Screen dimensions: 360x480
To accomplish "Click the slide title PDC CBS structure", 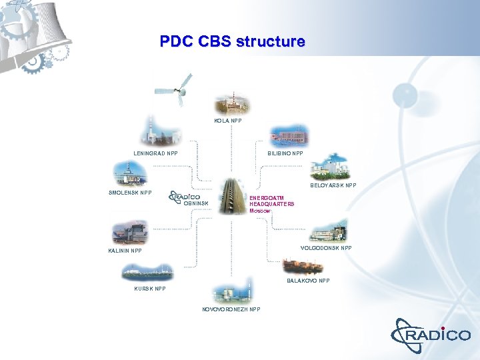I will click(232, 41).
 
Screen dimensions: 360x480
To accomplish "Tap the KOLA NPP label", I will click(228, 121).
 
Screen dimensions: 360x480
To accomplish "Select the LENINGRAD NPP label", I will click(155, 153).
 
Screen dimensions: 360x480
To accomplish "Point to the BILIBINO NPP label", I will click(285, 153).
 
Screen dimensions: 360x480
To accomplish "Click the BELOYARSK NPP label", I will click(334, 186).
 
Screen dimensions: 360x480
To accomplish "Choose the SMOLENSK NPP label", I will click(130, 193).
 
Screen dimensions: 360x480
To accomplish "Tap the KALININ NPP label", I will click(125, 251).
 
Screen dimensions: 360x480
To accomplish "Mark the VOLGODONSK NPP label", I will click(326, 248).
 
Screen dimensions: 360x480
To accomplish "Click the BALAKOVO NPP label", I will click(308, 281).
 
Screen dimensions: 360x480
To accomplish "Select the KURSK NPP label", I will click(150, 289).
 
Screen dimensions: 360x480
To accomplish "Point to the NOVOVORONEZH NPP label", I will click(231, 309).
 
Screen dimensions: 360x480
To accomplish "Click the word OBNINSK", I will click(196, 203).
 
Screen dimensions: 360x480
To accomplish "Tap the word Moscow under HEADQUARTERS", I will click(260, 211).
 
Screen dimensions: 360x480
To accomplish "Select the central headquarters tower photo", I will click(231, 195).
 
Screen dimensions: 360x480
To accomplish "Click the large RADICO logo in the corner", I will click(431, 333).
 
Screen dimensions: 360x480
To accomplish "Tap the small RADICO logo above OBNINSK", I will click(186, 196).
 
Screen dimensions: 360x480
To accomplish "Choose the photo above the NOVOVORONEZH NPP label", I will click(231, 293).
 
